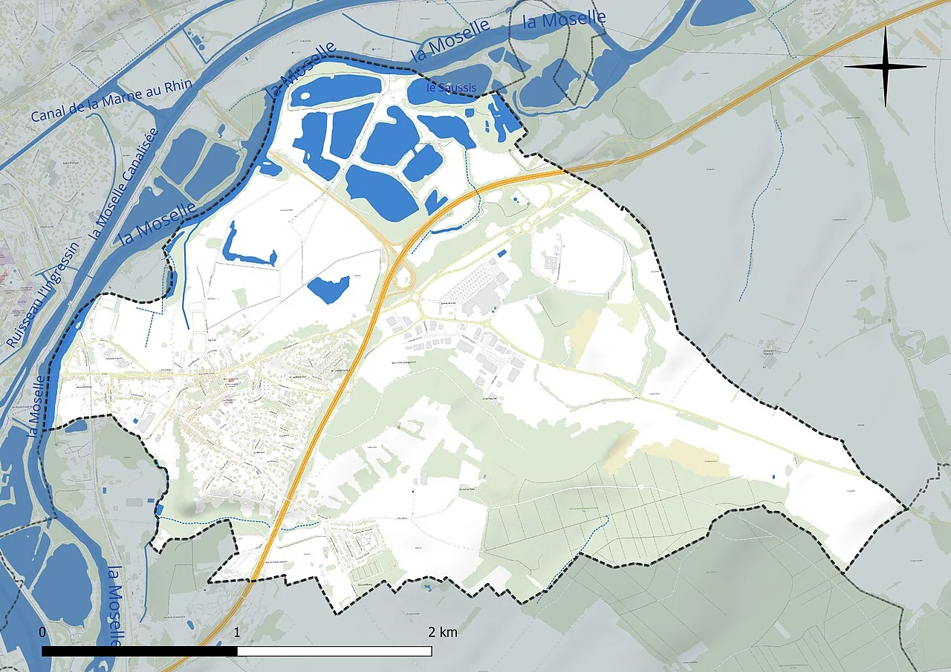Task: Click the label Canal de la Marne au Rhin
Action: (x=111, y=101)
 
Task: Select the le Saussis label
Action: (x=451, y=88)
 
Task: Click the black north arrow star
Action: (x=885, y=67)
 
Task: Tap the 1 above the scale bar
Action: (x=236, y=632)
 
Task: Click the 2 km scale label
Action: (x=443, y=632)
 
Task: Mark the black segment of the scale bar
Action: (x=140, y=651)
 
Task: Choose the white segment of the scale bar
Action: (x=334, y=651)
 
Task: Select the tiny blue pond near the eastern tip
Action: (x=773, y=474)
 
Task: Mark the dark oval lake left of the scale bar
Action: (x=63, y=583)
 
